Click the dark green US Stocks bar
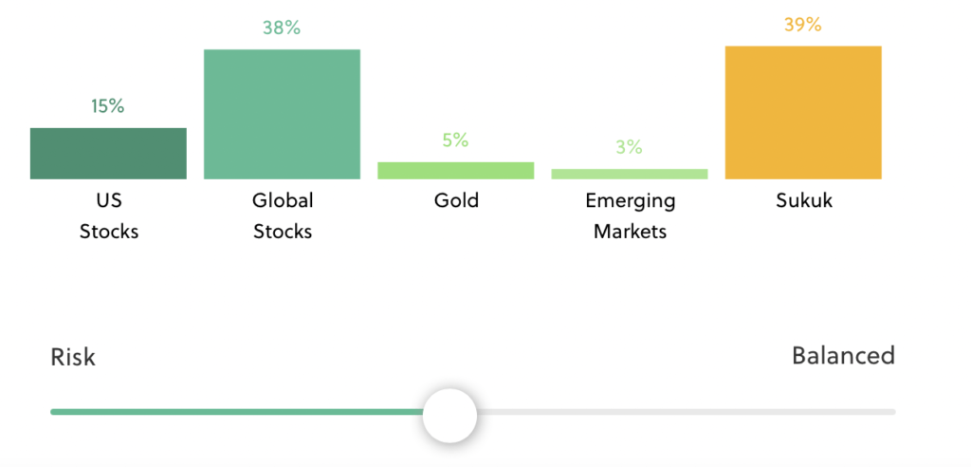tap(108, 154)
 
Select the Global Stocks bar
tap(282, 114)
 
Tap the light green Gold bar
tap(456, 171)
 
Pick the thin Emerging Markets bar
tap(630, 175)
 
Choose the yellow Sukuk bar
tap(803, 113)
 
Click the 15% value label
tap(108, 106)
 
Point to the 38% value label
tap(282, 28)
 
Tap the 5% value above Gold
tap(456, 140)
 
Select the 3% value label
tap(630, 148)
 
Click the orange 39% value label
tap(803, 25)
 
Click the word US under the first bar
tap(109, 201)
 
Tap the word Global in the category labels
tap(283, 201)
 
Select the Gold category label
tap(456, 201)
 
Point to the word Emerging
tap(631, 202)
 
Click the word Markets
tap(631, 232)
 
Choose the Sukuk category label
tap(804, 201)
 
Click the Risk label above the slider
tap(73, 358)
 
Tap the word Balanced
tap(844, 356)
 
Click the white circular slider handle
tap(450, 416)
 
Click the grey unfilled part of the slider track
tap(687, 412)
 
